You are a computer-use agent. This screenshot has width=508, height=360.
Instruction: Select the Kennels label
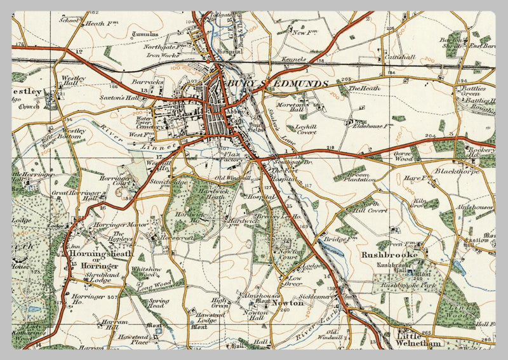(x=293, y=59)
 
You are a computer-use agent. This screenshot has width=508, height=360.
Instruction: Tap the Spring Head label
(x=159, y=303)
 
